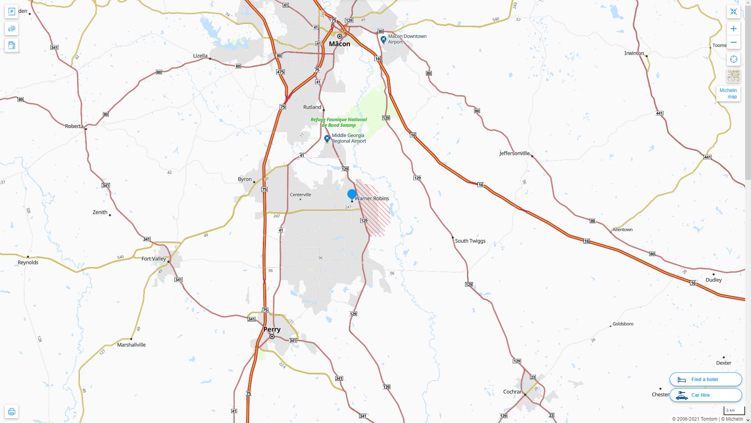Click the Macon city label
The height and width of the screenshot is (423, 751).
point(340,44)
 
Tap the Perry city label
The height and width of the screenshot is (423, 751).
point(272,329)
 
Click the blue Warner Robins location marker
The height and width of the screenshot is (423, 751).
point(352,194)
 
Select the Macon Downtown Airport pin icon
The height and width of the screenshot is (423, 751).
point(383,40)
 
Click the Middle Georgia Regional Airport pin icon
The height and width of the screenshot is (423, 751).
point(327,139)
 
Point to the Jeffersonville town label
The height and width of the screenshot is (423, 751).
point(514,154)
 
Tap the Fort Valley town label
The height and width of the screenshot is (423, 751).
point(154,259)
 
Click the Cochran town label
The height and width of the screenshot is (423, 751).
point(513,392)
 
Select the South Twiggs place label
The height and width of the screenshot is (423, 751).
point(470,241)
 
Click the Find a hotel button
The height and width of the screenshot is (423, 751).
point(705,379)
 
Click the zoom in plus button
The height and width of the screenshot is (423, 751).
point(733,29)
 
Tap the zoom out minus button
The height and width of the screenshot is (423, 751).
point(733,42)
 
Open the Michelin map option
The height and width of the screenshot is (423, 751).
point(728,94)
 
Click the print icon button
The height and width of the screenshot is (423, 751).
point(11,412)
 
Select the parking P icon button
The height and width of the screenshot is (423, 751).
point(11,12)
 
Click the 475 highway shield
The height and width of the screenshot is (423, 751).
point(280,72)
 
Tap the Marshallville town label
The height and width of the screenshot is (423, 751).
point(131,345)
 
